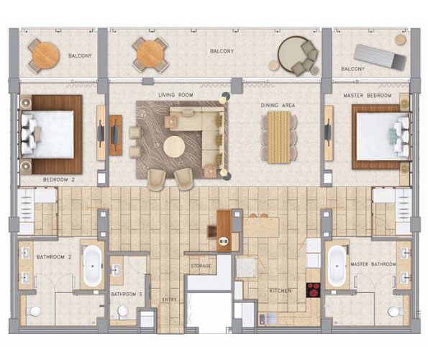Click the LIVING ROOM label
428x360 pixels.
[x=176, y=95]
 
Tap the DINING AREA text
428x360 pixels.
[x=278, y=105]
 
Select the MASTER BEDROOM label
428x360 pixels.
[x=368, y=96]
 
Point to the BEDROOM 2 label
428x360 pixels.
[x=59, y=180]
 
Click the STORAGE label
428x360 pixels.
[x=201, y=266]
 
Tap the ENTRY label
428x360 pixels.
[x=170, y=300]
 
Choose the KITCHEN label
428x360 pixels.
[x=281, y=291]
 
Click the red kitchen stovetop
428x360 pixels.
[x=313, y=290]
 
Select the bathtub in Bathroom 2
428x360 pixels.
[x=93, y=266]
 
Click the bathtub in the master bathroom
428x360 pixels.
[x=337, y=266]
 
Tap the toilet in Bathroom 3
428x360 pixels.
[x=123, y=311]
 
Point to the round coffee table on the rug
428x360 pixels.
[x=174, y=147]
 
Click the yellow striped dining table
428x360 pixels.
[x=278, y=138]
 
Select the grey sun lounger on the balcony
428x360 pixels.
[x=381, y=57]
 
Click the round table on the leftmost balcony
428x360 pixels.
[x=45, y=55]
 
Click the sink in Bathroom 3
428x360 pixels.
[x=116, y=270]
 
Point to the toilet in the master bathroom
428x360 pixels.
[x=396, y=311]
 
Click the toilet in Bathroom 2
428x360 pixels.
[x=34, y=311]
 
